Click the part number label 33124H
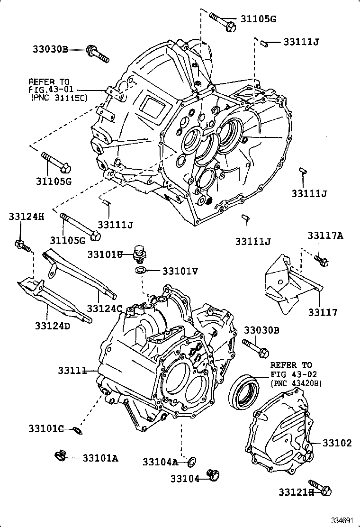(x=26, y=217)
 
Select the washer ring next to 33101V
(x=141, y=271)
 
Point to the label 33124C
(x=104, y=309)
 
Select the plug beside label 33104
(x=214, y=474)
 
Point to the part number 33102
(x=337, y=443)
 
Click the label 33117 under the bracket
(x=323, y=312)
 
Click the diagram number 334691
(x=341, y=520)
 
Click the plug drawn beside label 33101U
(x=140, y=254)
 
